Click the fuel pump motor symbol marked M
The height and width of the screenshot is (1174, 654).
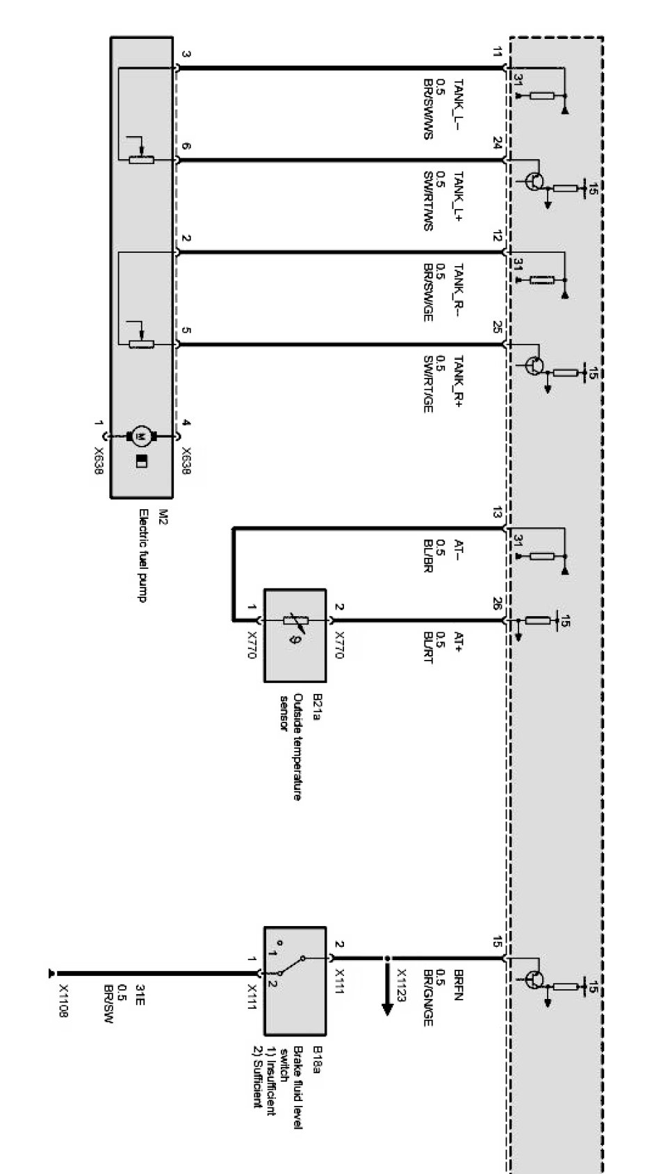click(142, 436)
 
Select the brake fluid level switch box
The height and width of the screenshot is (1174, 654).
click(294, 979)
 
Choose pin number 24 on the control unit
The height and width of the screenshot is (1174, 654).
click(498, 144)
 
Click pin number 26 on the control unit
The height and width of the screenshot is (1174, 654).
click(498, 604)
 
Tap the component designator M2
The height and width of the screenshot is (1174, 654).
click(164, 515)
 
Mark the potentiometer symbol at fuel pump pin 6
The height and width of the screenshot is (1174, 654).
click(142, 160)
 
